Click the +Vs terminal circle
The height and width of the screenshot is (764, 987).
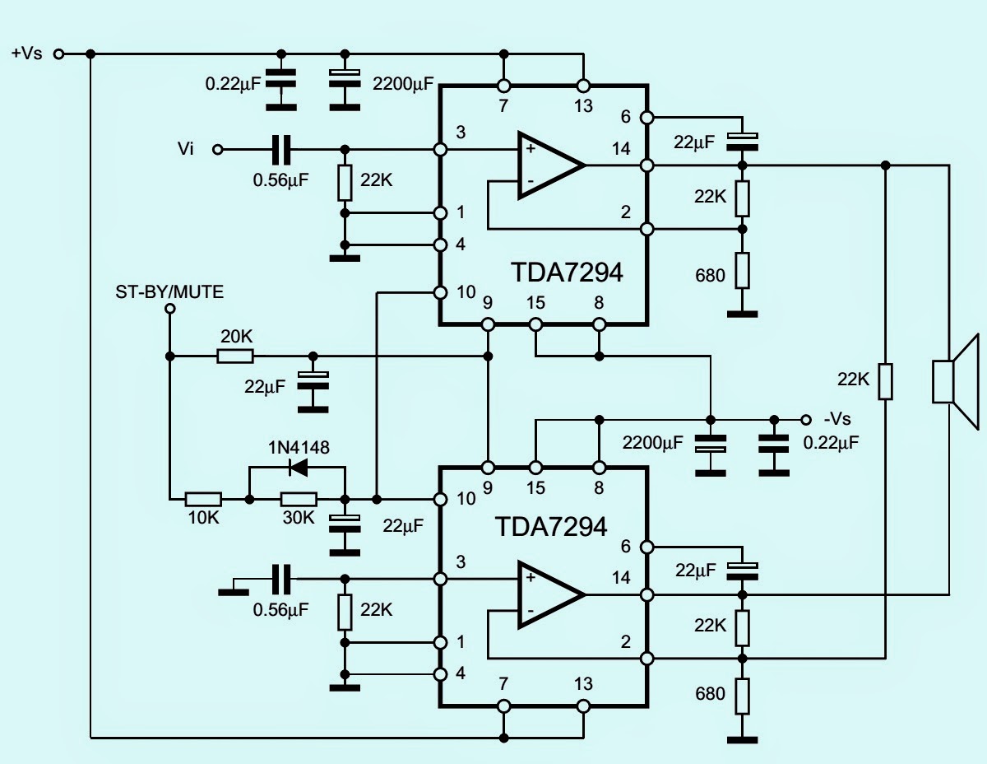tap(58, 54)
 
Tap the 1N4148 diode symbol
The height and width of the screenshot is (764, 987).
tap(298, 467)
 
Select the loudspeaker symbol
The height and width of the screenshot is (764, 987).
tap(954, 381)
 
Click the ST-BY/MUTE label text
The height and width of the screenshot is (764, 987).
tap(169, 291)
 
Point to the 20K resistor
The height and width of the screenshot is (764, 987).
tap(235, 356)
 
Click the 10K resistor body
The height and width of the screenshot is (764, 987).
tap(203, 499)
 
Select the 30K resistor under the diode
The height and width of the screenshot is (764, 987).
tap(299, 499)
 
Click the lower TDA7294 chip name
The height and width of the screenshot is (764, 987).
tap(550, 526)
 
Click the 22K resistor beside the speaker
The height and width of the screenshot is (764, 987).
tap(886, 381)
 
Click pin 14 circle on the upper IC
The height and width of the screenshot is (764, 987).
tap(646, 165)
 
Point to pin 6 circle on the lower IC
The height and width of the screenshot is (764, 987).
tap(646, 547)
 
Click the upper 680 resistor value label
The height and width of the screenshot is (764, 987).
tap(711, 274)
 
